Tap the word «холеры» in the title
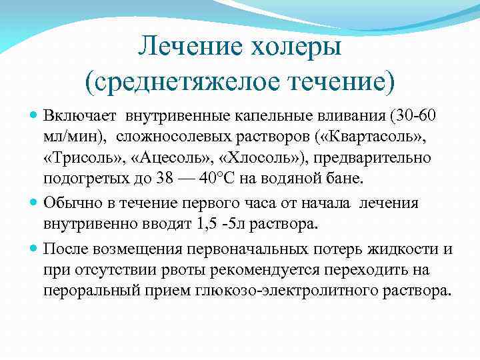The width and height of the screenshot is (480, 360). point(295,47)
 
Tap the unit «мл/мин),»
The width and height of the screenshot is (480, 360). point(74,137)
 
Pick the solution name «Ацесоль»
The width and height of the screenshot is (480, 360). point(155,159)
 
